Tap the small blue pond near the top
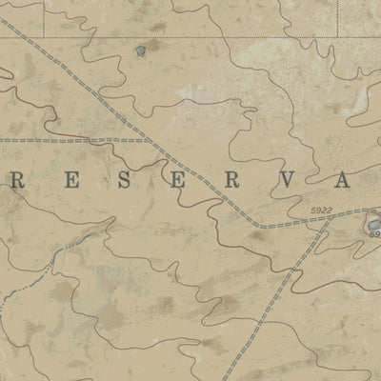tap(142, 50)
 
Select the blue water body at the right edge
tap(372, 222)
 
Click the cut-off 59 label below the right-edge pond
tap(374, 234)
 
